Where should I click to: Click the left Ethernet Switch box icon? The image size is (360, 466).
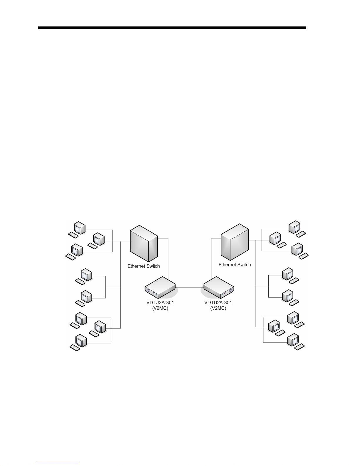coord(144,243)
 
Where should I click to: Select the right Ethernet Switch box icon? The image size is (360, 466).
coord(235,242)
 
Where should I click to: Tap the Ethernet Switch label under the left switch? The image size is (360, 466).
coord(144,266)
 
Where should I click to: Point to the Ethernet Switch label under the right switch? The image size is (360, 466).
coord(235,265)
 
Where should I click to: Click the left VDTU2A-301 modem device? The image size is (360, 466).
coord(160,288)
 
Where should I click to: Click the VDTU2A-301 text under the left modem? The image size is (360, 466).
coord(160,303)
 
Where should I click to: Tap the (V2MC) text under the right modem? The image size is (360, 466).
coord(218,308)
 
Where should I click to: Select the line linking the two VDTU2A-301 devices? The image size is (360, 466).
coord(190,287)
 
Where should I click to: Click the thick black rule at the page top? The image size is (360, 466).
coord(172,28)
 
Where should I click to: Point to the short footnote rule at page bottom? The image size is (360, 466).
coord(58,463)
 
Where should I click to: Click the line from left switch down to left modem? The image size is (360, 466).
coord(168,259)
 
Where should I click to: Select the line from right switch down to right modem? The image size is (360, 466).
coord(212,259)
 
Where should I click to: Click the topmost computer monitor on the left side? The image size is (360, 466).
coord(79,228)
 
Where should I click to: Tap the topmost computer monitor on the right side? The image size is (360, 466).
coord(294,227)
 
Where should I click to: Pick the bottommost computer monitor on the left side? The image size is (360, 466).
coord(81,340)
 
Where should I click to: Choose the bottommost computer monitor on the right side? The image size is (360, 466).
coord(293,340)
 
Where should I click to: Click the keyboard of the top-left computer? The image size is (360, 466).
coord(73,235)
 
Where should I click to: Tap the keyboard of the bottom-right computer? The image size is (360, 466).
coord(299,347)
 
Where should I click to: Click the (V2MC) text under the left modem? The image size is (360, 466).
coord(160,308)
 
